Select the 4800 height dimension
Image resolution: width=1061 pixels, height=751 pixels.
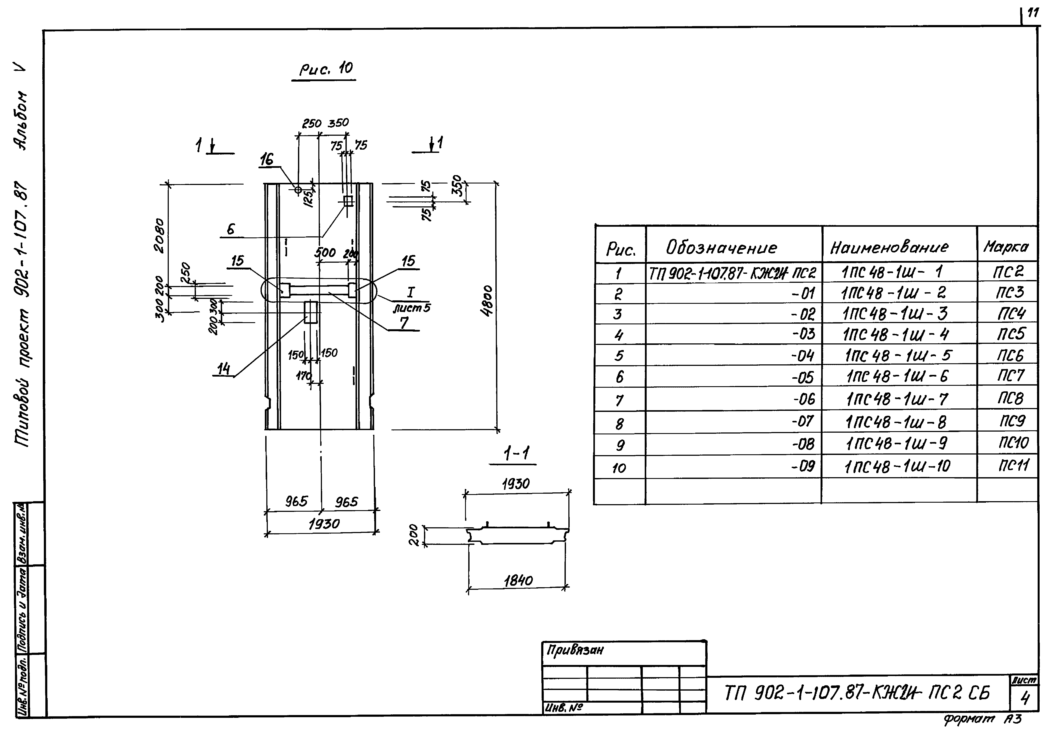pos(488,301)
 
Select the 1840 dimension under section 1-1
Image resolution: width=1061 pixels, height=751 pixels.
pos(518,580)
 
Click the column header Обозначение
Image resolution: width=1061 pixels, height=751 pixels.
pos(721,248)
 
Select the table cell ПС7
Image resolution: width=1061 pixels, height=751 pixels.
pos(1010,375)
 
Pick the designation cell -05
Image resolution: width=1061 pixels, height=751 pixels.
pos(803,378)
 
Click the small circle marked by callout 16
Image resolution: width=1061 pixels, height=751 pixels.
pos(298,190)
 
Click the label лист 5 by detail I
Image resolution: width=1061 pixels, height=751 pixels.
pos(411,307)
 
